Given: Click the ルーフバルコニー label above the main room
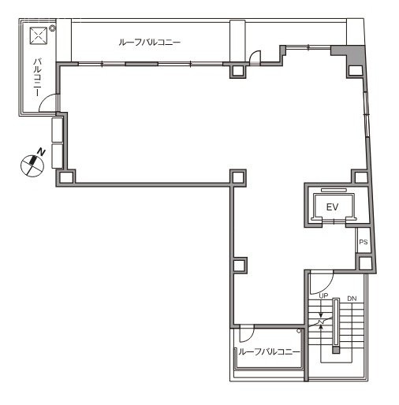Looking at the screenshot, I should pyautogui.click(x=149, y=43).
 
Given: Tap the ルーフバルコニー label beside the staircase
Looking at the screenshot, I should pyautogui.click(x=269, y=351).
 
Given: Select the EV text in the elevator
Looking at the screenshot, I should pyautogui.click(x=332, y=206).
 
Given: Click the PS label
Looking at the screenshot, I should pyautogui.click(x=364, y=242).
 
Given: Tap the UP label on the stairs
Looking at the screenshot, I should pyautogui.click(x=323, y=297).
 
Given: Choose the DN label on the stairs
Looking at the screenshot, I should pyautogui.click(x=351, y=298).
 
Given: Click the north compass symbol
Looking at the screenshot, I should pyautogui.click(x=32, y=164).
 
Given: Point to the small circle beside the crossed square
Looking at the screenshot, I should pyautogui.click(x=52, y=28).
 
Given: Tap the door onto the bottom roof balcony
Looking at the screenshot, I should pyautogui.click(x=245, y=333).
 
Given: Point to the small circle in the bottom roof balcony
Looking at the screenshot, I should pyautogui.click(x=300, y=342).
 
